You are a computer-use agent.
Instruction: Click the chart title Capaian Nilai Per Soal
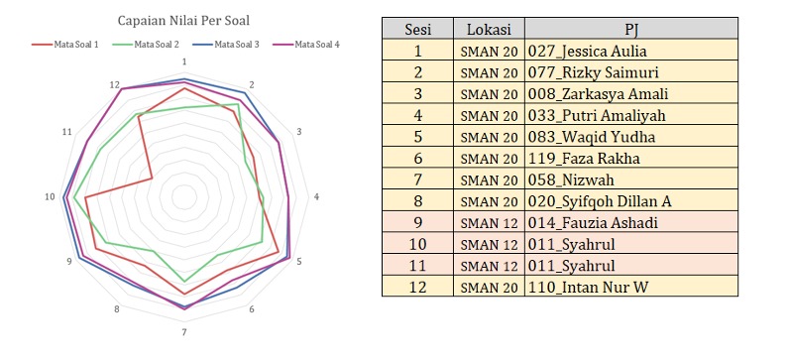tap(184, 20)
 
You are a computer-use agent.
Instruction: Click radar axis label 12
tap(115, 84)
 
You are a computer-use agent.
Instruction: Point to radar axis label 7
tap(184, 331)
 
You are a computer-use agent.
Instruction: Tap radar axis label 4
tap(316, 197)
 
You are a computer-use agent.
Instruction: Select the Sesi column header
tap(417, 29)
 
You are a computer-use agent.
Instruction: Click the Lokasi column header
tap(489, 29)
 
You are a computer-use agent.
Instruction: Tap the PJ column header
tap(630, 29)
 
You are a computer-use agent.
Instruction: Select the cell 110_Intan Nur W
tap(596, 288)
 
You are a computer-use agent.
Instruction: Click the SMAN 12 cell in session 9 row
tap(489, 223)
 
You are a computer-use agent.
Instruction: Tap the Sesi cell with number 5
tap(417, 137)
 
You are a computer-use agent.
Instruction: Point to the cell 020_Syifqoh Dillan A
tap(602, 201)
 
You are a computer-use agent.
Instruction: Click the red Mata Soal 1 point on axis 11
tap(152, 179)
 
